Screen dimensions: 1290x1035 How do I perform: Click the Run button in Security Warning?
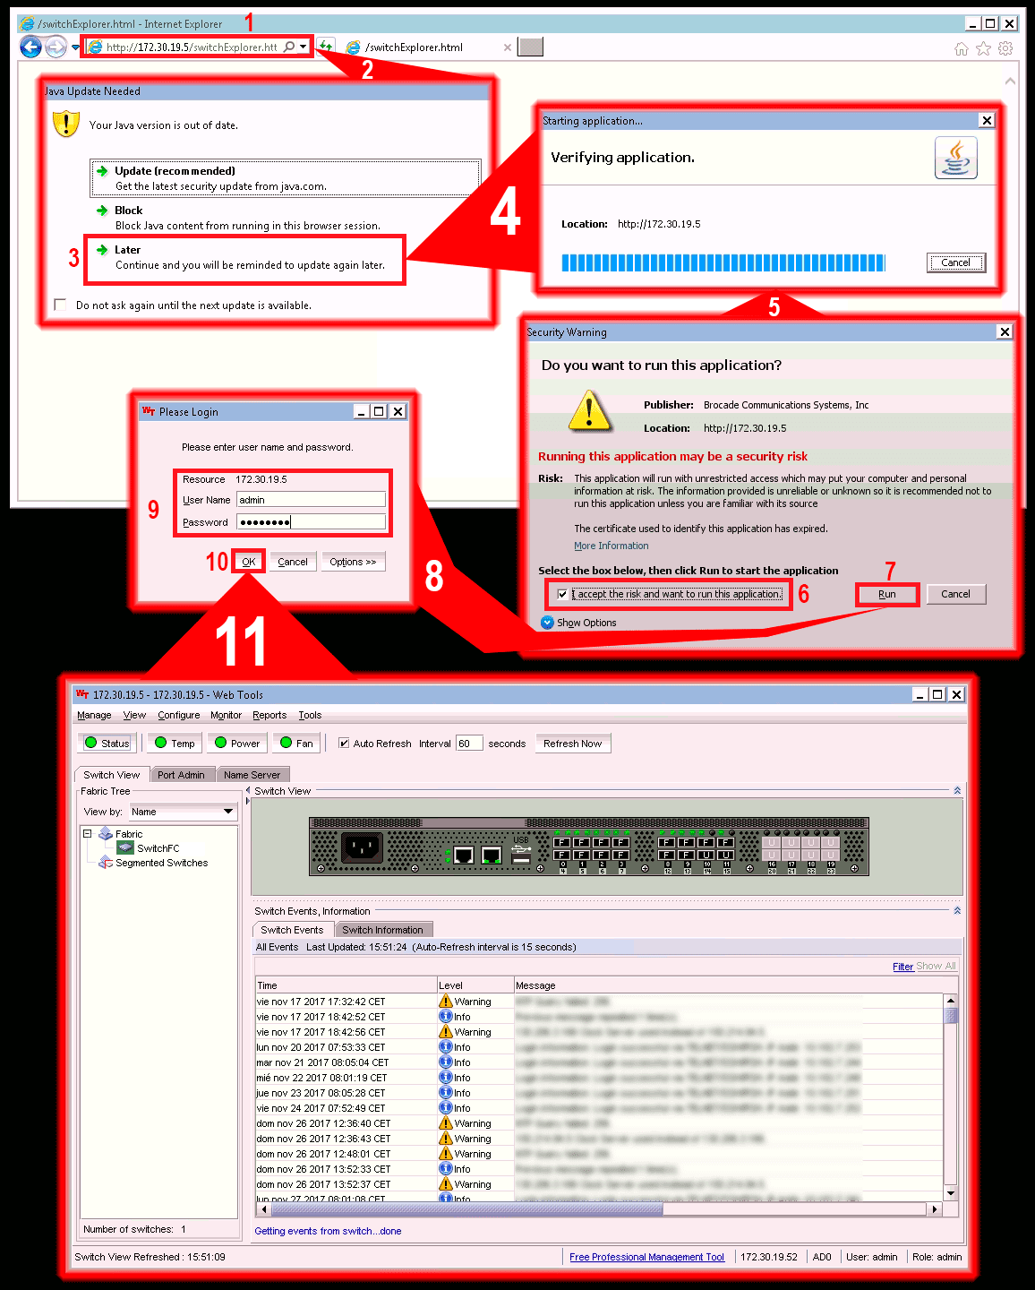[886, 594]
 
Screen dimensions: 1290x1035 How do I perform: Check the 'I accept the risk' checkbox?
[562, 594]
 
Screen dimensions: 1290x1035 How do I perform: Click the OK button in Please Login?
[248, 562]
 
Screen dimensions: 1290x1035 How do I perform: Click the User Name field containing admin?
[311, 500]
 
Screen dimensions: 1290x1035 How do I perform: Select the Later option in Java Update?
[127, 250]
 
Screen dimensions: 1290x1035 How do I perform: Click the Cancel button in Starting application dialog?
[955, 262]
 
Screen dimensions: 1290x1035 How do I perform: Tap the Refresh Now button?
[572, 744]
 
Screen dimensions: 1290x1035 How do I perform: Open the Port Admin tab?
[181, 775]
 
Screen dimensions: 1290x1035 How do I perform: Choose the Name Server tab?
[252, 775]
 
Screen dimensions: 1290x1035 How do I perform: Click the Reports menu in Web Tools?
[269, 715]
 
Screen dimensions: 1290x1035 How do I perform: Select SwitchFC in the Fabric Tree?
[158, 848]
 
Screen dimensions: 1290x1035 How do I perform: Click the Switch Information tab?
[382, 930]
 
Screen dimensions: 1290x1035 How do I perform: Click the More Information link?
[612, 546]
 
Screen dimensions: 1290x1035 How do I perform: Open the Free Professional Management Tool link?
[646, 1257]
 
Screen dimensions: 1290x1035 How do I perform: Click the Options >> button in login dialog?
[353, 562]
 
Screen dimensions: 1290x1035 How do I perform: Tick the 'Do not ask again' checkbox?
[60, 305]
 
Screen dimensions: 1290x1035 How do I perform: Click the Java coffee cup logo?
[955, 158]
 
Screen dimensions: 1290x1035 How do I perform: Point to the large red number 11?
[241, 641]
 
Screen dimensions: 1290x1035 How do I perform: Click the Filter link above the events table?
[902, 967]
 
